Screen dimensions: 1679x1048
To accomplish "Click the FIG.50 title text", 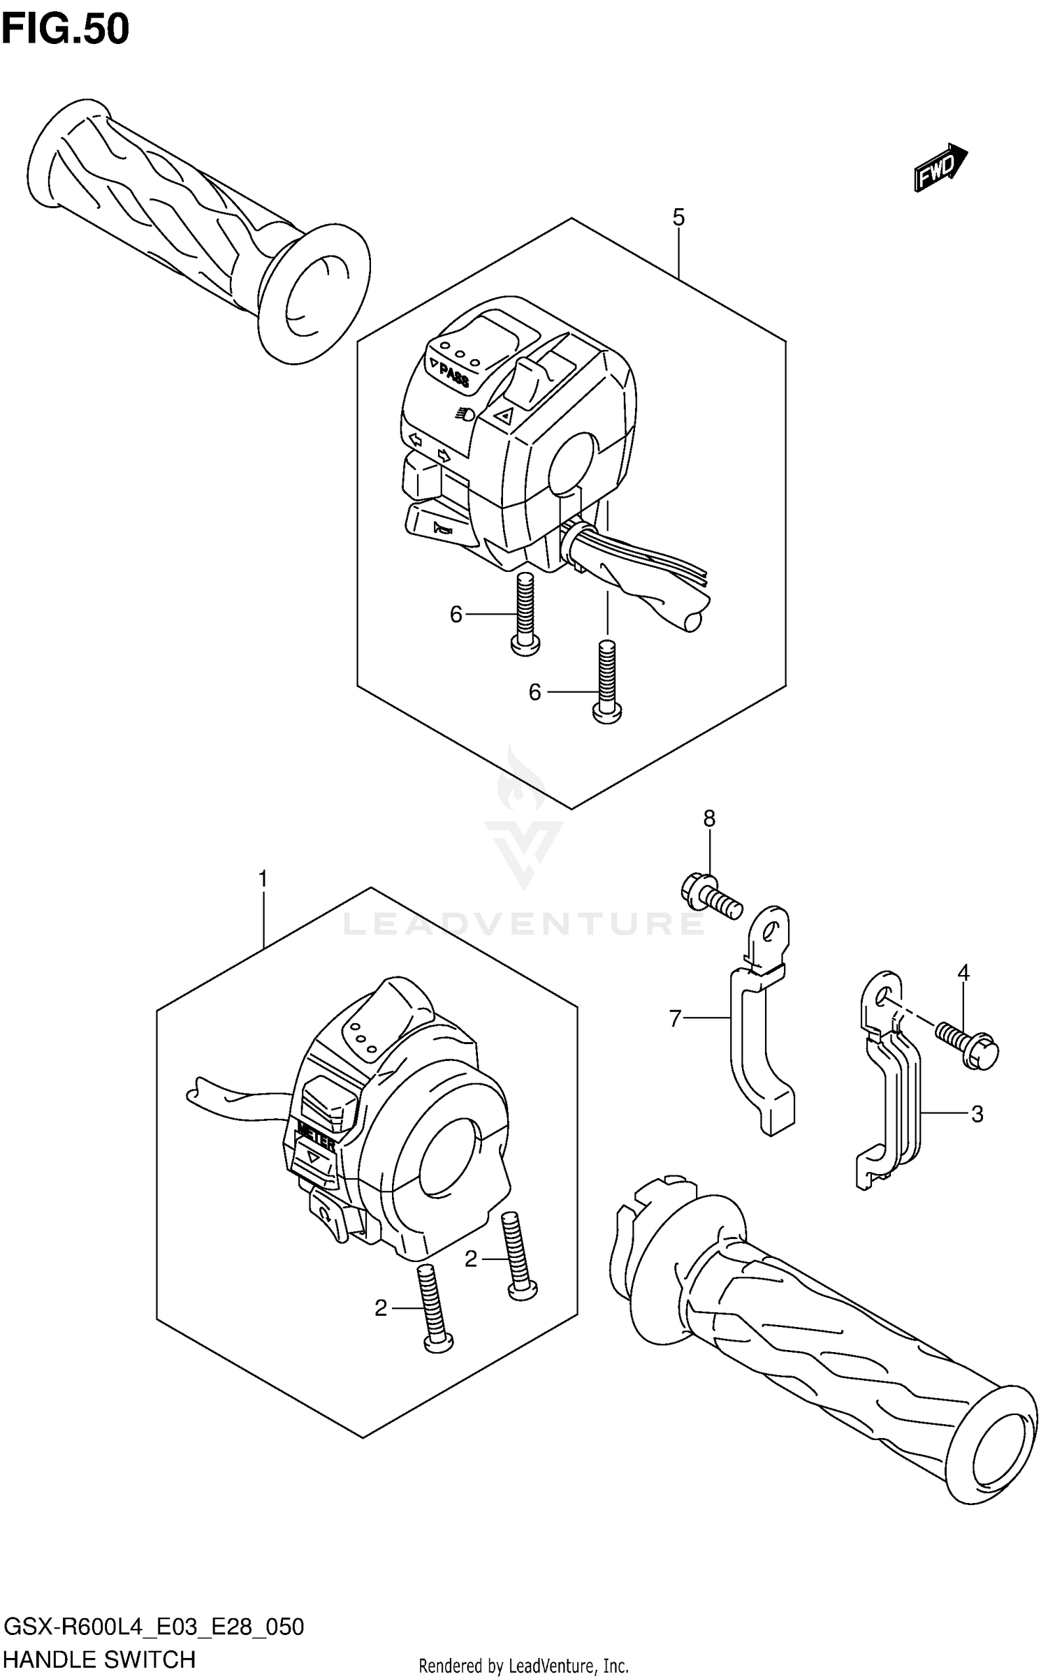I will [x=66, y=29].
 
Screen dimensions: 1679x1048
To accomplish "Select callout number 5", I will [x=678, y=217].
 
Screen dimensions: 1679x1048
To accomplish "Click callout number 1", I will [x=263, y=879].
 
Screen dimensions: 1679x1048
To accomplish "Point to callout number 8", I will [x=709, y=818].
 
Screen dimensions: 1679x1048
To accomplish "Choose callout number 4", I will [x=963, y=972].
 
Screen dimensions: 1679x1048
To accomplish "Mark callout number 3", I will [x=977, y=1114].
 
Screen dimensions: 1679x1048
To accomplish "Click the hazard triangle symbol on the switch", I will [x=504, y=417].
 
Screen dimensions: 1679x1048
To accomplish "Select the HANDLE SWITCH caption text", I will [x=99, y=1659].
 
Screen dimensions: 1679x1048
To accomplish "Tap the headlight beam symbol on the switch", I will [x=463, y=414].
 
